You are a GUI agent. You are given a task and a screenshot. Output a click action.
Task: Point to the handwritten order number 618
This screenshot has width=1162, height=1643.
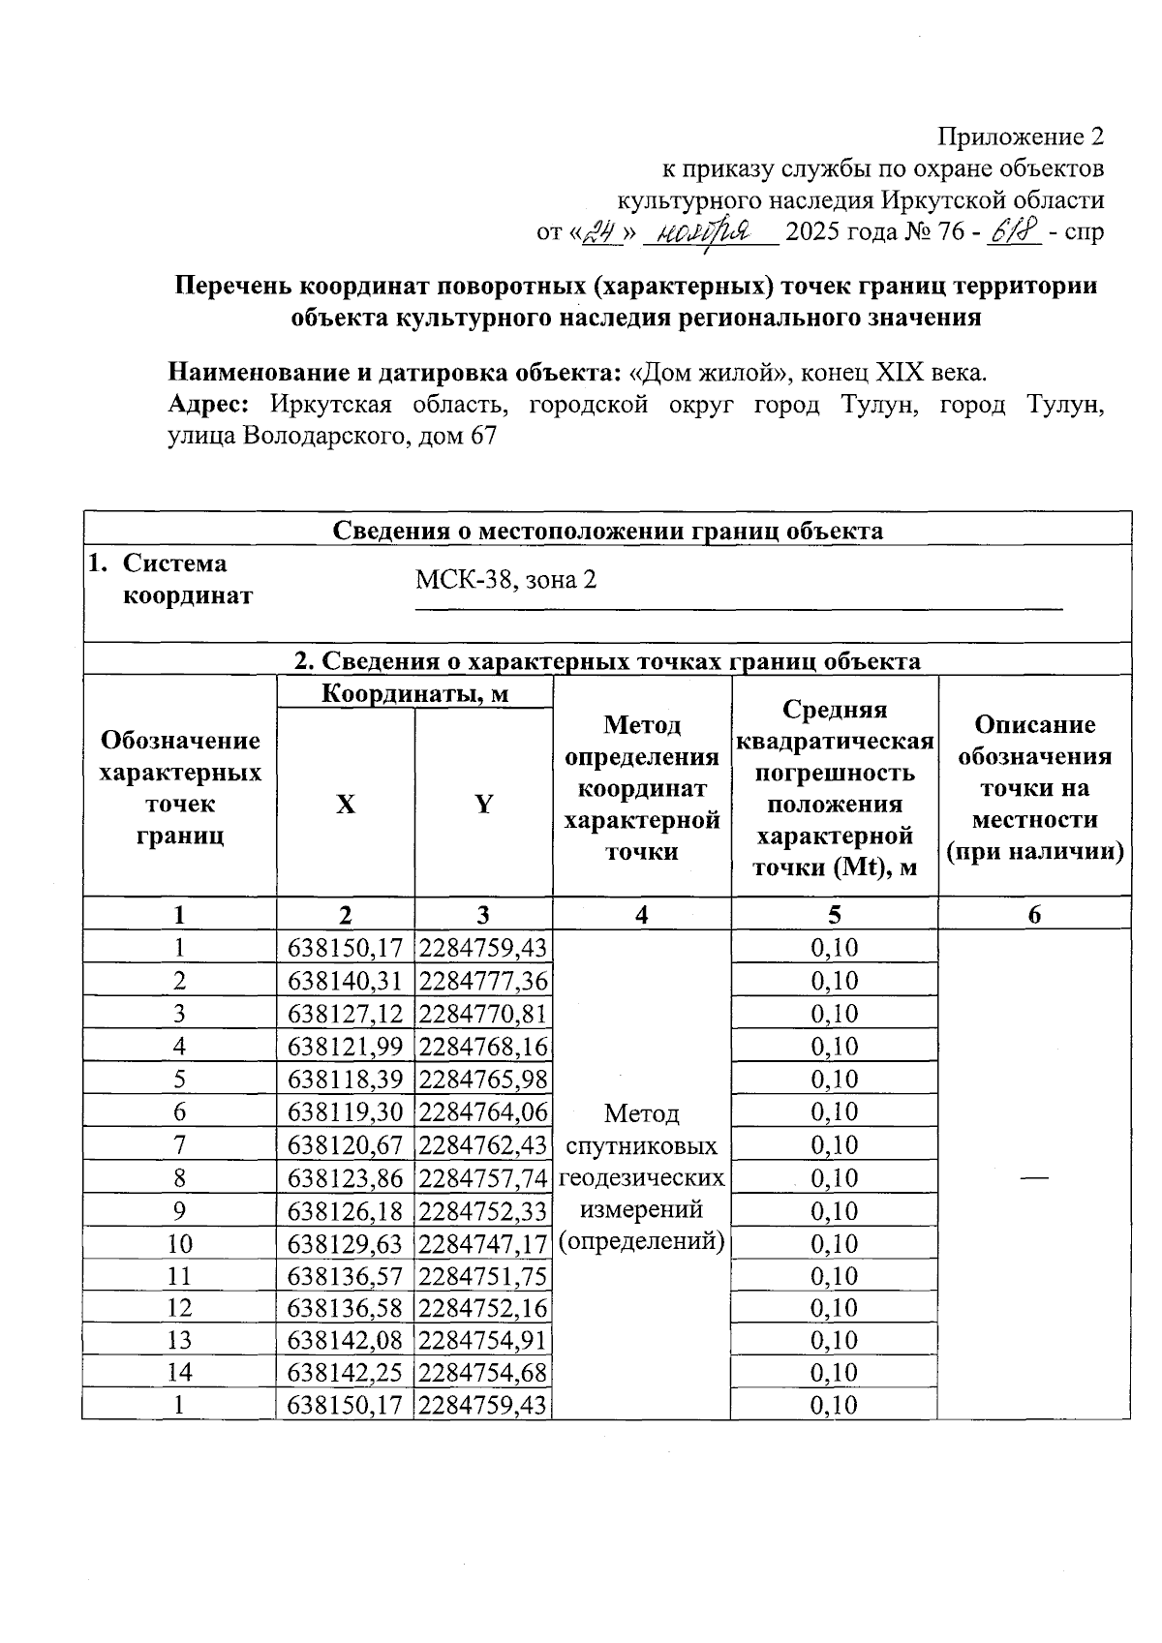pyautogui.click(x=1011, y=230)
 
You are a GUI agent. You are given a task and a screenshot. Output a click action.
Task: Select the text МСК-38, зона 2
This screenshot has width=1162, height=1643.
pyautogui.click(x=505, y=580)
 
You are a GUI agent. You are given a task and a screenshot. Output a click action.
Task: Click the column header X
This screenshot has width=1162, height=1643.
pyautogui.click(x=345, y=804)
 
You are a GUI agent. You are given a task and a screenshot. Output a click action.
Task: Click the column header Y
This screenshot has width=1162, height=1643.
pyautogui.click(x=483, y=804)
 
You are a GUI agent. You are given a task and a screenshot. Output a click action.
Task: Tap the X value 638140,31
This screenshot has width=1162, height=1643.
pyautogui.click(x=345, y=981)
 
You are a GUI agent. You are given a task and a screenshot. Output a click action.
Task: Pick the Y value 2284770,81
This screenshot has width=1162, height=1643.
pyautogui.click(x=483, y=1014)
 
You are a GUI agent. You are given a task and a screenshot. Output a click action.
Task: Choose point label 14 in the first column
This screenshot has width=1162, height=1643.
pyautogui.click(x=179, y=1372)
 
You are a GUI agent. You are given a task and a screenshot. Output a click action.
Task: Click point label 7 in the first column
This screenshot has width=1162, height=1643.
pyautogui.click(x=179, y=1144)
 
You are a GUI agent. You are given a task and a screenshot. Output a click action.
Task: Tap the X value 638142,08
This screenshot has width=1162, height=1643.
pyautogui.click(x=345, y=1340)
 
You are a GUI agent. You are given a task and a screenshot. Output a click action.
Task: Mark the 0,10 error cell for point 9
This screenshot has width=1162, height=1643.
pyautogui.click(x=834, y=1210)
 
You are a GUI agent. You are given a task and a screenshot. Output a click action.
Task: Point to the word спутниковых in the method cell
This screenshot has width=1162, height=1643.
pyautogui.click(x=641, y=1146)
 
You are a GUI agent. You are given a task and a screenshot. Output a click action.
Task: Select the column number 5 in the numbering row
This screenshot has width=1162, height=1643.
pyautogui.click(x=834, y=915)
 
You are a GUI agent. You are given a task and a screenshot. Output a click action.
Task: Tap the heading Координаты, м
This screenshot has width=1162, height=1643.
pyautogui.click(x=414, y=693)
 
